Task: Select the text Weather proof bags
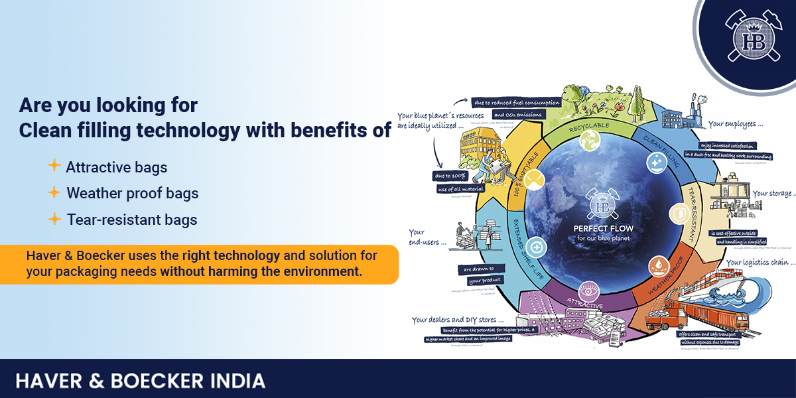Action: click(x=133, y=193)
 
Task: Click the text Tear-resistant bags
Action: click(x=132, y=220)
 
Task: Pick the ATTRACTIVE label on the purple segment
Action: click(x=584, y=304)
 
